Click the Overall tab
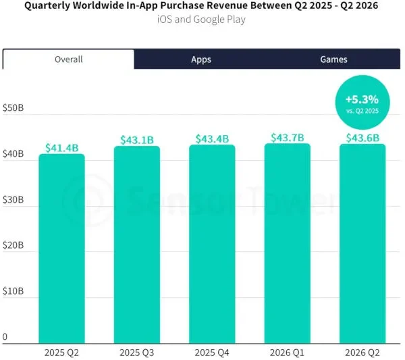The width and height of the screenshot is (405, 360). pyautogui.click(x=68, y=59)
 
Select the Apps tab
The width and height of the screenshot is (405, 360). pyautogui.click(x=201, y=59)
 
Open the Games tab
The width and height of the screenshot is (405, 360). pyautogui.click(x=333, y=59)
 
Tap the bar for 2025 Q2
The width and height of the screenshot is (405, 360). pyautogui.click(x=61, y=249)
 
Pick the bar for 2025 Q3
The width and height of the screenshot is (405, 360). pyautogui.click(x=137, y=245)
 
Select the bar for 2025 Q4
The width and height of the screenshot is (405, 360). pyautogui.click(x=212, y=244)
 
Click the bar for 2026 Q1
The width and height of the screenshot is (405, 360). pyautogui.click(x=288, y=243)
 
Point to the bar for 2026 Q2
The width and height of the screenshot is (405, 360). pyautogui.click(x=362, y=244)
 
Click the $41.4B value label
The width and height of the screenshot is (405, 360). pyautogui.click(x=61, y=148)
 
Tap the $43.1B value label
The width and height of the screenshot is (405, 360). pyautogui.click(x=137, y=140)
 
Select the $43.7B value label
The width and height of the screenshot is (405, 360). pyautogui.click(x=288, y=138)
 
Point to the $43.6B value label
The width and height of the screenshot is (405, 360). pyautogui.click(x=362, y=138)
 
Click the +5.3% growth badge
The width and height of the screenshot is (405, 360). pyautogui.click(x=362, y=103)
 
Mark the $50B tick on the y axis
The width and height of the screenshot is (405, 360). pyautogui.click(x=13, y=108)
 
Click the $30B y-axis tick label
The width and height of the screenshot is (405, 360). pyautogui.click(x=13, y=199)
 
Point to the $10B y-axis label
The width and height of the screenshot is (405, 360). pyautogui.click(x=13, y=291)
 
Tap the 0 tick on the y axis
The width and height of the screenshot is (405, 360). pyautogui.click(x=5, y=337)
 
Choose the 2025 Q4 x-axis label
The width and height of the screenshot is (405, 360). pyautogui.click(x=212, y=353)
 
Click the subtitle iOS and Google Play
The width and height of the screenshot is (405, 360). pyautogui.click(x=201, y=20)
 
